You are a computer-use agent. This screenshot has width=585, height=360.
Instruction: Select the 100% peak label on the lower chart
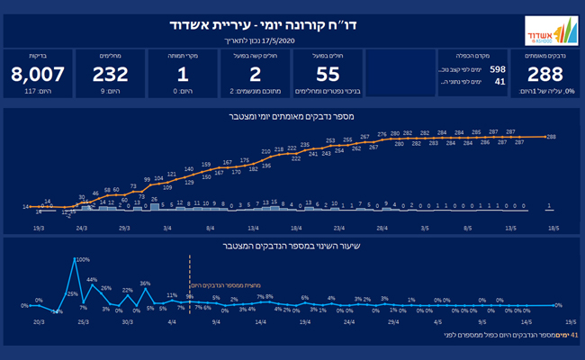pyautogui.click(x=83, y=260)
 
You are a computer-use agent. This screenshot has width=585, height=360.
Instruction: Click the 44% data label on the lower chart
pyautogui.click(x=92, y=280)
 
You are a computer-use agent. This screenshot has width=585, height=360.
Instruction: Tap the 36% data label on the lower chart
pyautogui.click(x=145, y=284)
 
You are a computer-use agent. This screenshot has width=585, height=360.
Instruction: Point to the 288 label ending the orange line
pyautogui.click(x=551, y=137)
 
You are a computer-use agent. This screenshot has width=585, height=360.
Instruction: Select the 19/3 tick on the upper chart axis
pyautogui.click(x=38, y=229)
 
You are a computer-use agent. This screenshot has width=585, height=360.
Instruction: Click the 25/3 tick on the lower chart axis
pyautogui.click(x=83, y=320)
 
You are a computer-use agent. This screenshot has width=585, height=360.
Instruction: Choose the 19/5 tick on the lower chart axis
pyautogui.click(x=570, y=320)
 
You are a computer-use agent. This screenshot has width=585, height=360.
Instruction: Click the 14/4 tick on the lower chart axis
pyautogui.click(x=261, y=320)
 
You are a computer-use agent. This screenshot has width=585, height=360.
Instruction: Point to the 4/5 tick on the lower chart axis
pyautogui.click(x=437, y=320)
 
